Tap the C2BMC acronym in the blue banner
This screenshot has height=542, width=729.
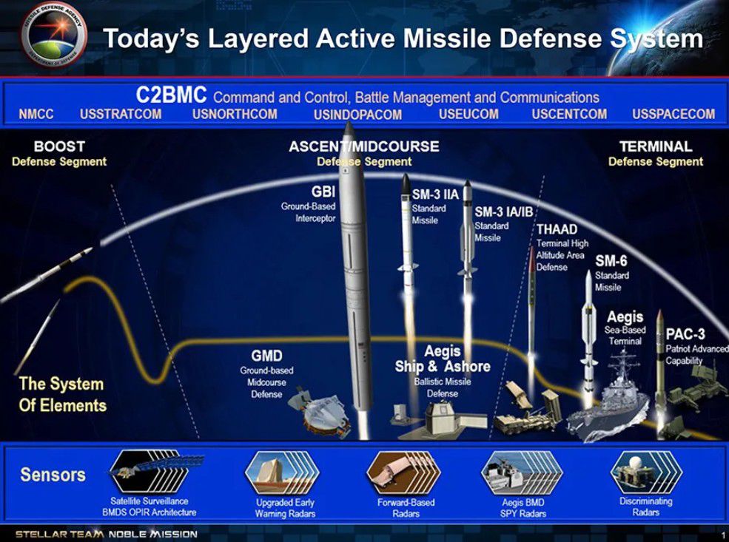(171, 95)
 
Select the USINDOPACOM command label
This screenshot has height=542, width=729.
(357, 115)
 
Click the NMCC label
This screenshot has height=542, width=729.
(36, 114)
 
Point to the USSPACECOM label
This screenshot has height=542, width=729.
(673, 114)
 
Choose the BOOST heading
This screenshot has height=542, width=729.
(59, 146)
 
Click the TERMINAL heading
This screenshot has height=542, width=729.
(656, 146)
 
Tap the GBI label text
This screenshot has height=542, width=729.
(323, 192)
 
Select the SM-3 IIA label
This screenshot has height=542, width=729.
(436, 194)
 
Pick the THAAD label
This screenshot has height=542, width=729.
(557, 229)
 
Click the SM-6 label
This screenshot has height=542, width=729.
(611, 261)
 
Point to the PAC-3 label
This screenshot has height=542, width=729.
(685, 334)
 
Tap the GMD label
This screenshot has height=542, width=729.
(267, 356)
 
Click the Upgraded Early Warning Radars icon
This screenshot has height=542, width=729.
(282, 472)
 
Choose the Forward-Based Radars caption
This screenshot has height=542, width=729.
(406, 508)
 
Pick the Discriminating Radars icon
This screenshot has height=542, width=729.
(646, 472)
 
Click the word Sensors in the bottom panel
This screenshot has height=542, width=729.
(53, 475)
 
